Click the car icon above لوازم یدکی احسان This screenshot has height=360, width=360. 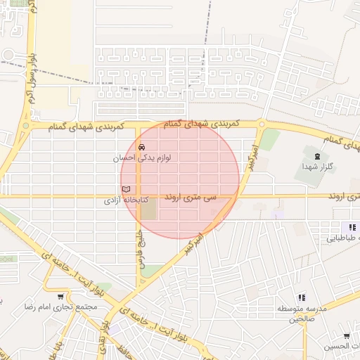pyautogui.click(x=142, y=148)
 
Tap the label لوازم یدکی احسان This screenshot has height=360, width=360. pyautogui.click(x=142, y=159)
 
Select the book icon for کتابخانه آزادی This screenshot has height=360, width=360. pyautogui.click(x=127, y=190)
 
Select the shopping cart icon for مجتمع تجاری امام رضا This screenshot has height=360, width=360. pyautogui.click(x=61, y=297)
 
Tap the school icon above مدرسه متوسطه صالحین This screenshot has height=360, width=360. pyautogui.click(x=302, y=297)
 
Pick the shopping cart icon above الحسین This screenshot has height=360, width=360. pyautogui.click(x=347, y=337)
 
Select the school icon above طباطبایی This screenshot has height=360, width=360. pyautogui.click(x=352, y=227)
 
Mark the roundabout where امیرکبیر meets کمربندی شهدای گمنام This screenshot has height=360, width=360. pyautogui.click(x=262, y=125)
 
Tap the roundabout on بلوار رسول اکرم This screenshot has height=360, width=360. pyautogui.click(x=8, y=55)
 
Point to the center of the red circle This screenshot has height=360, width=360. pyautogui.click(x=180, y=179)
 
